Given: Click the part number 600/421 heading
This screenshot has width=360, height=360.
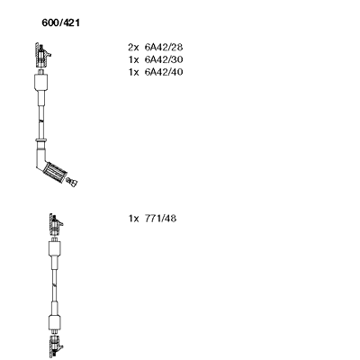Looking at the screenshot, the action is [61, 22].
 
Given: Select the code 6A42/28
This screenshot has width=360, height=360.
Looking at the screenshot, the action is [164, 47].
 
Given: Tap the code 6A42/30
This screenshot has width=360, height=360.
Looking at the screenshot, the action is [164, 59].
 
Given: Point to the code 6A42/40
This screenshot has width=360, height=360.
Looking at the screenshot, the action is [164, 72].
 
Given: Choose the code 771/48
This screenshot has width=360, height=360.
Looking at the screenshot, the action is [160, 219].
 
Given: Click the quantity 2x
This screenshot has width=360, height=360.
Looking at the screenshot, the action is [134, 47].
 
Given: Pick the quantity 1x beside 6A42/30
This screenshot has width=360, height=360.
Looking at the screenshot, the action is [134, 59].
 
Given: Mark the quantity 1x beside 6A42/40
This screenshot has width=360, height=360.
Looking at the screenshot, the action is [134, 72].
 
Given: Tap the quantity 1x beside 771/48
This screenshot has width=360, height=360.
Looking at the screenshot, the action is [134, 219].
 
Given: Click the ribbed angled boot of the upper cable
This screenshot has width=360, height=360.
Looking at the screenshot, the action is [55, 172].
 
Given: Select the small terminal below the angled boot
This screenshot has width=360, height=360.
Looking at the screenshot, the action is [72, 182].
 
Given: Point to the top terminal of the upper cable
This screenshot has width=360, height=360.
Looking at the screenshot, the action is [42, 55].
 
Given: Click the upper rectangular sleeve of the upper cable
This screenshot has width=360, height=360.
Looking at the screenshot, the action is [41, 81].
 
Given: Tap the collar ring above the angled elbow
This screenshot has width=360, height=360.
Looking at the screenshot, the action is [40, 140].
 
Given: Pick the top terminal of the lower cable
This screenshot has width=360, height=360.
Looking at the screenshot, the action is [56, 225].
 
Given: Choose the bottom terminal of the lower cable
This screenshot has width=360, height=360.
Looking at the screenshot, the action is [56, 346].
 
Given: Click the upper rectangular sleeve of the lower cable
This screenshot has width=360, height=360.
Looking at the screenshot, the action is [55, 248].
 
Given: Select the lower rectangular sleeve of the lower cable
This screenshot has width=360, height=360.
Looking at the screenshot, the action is [55, 322].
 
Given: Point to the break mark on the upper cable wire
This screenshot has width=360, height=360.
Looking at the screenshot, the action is [41, 121].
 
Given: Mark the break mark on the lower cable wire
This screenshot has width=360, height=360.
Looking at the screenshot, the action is [55, 284].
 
